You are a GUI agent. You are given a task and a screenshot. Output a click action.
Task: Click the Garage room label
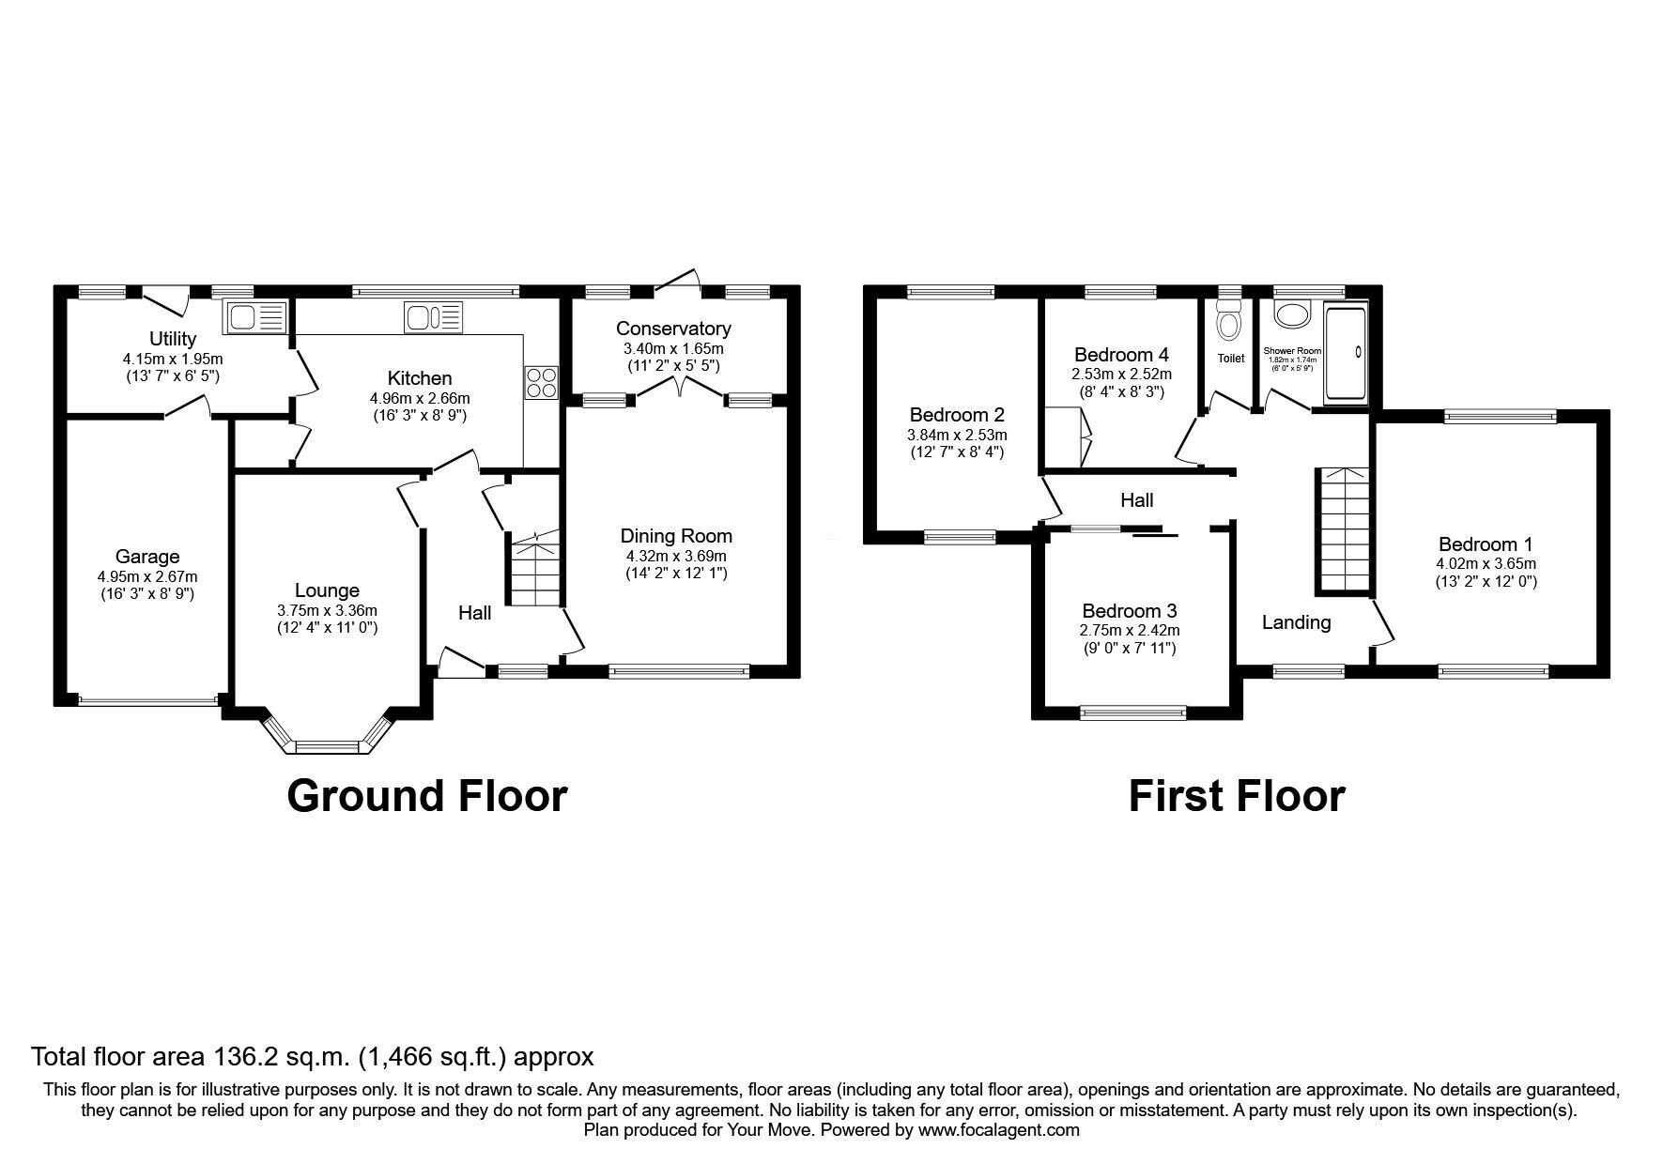coord(147,557)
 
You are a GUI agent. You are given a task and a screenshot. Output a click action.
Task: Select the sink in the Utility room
coord(253,317)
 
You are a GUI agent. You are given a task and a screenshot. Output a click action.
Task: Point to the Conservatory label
coord(673,329)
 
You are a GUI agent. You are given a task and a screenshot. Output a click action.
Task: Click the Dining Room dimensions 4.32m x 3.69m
coord(676,556)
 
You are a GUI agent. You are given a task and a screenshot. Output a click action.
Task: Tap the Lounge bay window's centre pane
coord(328,747)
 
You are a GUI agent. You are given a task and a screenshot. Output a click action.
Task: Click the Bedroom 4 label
coord(1121,355)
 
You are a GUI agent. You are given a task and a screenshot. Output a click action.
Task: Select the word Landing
coord(1296,621)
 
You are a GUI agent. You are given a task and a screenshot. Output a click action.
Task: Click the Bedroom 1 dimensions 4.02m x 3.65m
coord(1486,564)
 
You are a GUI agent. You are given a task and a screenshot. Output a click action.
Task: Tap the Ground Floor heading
coord(427,795)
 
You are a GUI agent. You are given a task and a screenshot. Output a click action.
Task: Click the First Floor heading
coord(1237,795)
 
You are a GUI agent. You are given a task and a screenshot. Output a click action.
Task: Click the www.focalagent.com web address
coord(999,1130)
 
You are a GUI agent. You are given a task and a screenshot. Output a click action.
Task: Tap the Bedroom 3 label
coord(1129,610)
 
